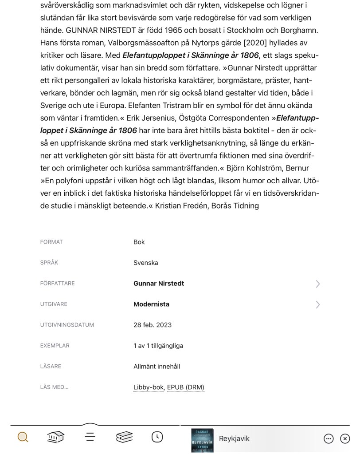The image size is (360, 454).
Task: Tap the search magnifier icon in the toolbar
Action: tap(23, 437)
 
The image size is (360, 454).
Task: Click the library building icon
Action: tap(56, 437)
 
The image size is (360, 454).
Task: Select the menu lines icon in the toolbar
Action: tap(90, 437)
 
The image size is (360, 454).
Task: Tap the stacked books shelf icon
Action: tap(124, 437)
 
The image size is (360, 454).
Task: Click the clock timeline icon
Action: tap(157, 437)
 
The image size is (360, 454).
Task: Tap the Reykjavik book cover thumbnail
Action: tap(202, 440)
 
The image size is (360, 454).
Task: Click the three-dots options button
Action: tap(329, 438)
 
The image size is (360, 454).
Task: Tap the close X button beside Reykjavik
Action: tap(345, 438)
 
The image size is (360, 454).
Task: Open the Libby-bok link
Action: tap(149, 387)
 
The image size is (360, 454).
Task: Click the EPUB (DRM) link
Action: tap(185, 387)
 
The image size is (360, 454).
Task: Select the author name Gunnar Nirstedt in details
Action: tap(159, 284)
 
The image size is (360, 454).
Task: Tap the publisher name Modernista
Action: tap(151, 304)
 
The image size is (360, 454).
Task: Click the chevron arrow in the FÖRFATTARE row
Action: tap(317, 284)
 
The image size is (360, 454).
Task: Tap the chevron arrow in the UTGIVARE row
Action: tap(317, 304)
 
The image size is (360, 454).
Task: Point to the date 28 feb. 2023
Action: tap(153, 325)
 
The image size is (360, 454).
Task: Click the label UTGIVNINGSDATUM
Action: tap(67, 325)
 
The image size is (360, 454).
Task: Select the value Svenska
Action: tap(145, 263)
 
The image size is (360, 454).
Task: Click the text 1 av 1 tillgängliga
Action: tap(158, 346)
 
